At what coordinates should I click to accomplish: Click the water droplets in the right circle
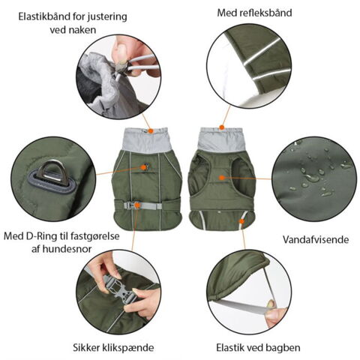[315, 176]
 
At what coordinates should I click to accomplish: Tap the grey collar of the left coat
[149, 140]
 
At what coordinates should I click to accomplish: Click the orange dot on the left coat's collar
[150, 130]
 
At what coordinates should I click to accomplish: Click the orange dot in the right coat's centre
[223, 176]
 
